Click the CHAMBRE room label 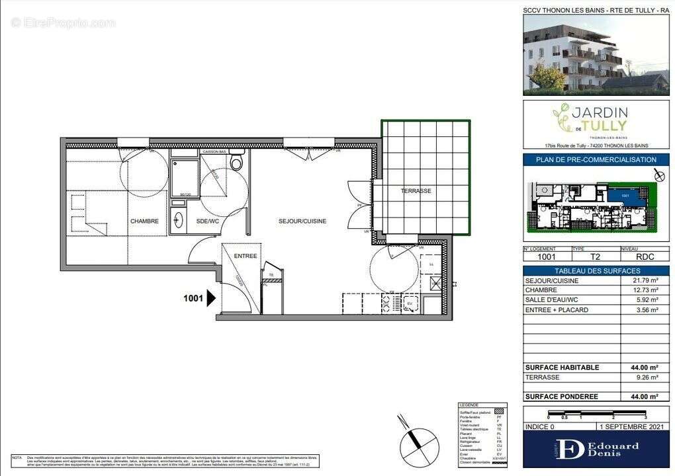point(144,221)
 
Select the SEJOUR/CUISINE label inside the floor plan point(302,221)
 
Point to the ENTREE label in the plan point(245,256)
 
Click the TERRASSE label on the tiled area point(416,191)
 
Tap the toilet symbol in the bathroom point(237,162)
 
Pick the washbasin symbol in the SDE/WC point(178,220)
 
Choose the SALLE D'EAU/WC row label point(551,300)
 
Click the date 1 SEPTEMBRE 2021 point(625,426)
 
